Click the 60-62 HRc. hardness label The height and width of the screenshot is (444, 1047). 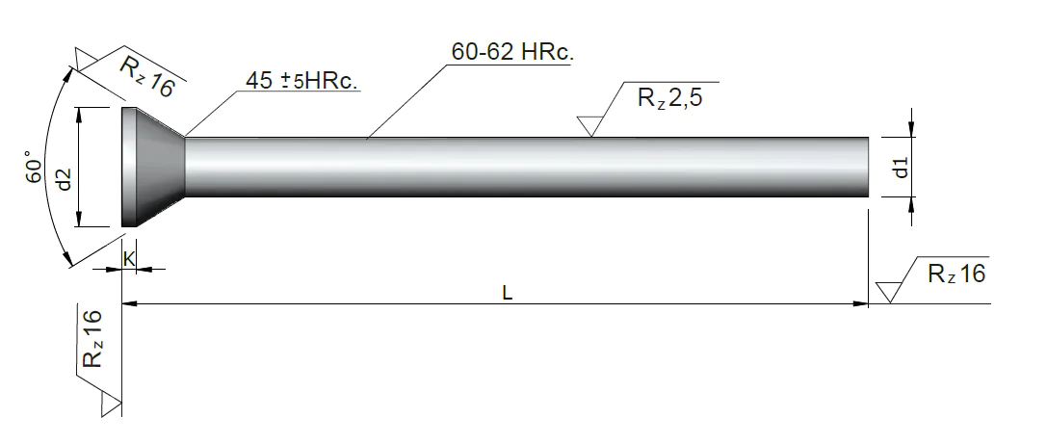pos(512,52)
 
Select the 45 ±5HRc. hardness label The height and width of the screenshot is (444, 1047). pos(302,81)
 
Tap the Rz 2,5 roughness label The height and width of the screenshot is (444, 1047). pos(669,98)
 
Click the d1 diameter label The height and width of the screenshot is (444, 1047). pos(901,168)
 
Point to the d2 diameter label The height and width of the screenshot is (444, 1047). pos(64,177)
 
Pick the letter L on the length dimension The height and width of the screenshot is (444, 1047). pos(508,293)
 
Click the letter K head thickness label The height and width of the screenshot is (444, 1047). pos(129,260)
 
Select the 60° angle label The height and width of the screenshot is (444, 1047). pos(34,170)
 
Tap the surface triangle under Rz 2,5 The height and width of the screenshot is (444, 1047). pos(590,126)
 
